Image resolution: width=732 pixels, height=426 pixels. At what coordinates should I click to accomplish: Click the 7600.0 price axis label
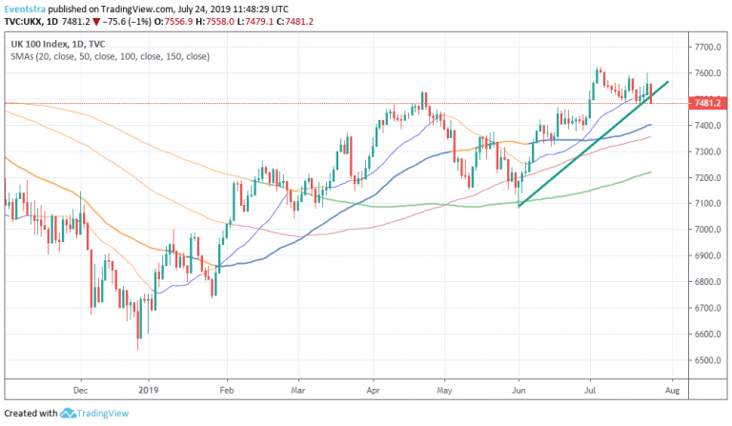[706, 73]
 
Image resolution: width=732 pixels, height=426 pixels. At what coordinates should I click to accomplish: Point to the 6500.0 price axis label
[706, 361]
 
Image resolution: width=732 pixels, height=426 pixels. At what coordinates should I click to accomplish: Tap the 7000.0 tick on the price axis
[706, 231]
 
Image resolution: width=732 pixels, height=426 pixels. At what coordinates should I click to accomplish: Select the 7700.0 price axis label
[706, 47]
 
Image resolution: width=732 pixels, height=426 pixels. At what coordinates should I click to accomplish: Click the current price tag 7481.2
[706, 103]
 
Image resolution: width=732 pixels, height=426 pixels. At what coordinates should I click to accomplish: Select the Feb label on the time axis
[227, 390]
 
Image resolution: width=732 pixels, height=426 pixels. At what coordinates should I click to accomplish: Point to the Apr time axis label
[373, 390]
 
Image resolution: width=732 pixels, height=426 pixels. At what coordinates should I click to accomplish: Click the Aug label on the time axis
[671, 390]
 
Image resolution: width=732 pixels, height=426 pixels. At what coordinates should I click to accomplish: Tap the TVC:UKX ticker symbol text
[26, 20]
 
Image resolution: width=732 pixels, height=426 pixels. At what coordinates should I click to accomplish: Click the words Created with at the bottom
[30, 414]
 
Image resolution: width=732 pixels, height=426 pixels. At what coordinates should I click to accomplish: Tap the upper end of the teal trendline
[667, 83]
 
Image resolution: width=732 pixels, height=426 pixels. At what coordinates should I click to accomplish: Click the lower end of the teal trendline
[519, 205]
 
